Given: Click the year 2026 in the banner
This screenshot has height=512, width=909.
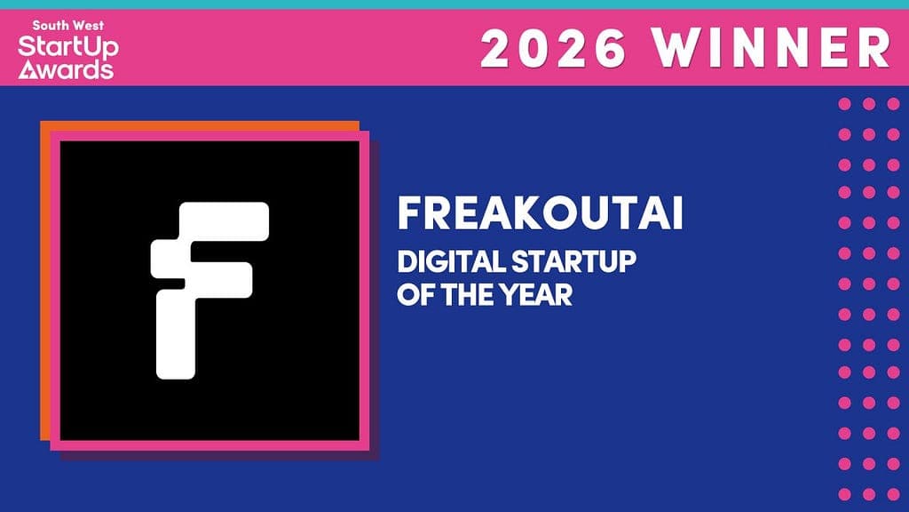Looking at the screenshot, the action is [x=554, y=48].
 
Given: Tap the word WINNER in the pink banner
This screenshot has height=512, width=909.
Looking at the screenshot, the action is [x=771, y=48].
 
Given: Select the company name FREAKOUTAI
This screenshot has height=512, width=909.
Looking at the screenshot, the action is [x=541, y=213].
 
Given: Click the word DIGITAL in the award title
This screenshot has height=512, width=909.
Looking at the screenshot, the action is [x=450, y=262].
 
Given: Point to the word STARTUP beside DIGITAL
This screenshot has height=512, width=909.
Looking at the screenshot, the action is [x=573, y=262].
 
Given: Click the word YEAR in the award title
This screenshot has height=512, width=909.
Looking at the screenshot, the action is [x=536, y=295].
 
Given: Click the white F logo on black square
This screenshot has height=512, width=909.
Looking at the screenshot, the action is [x=209, y=291].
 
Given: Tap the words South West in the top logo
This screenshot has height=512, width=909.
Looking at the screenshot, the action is [x=68, y=26].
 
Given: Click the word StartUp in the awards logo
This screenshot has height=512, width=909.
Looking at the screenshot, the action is [x=68, y=47].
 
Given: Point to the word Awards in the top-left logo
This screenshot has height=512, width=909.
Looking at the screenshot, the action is [x=66, y=69].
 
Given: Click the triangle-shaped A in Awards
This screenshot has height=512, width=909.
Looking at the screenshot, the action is [x=27, y=70].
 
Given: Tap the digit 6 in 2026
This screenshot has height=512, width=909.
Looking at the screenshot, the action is [x=608, y=48].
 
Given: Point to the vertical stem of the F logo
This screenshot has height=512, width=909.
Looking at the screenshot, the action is [x=176, y=334].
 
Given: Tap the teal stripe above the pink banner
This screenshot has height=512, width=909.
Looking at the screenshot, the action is [x=454, y=4].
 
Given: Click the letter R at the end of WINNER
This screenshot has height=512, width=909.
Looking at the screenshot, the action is [x=876, y=48].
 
